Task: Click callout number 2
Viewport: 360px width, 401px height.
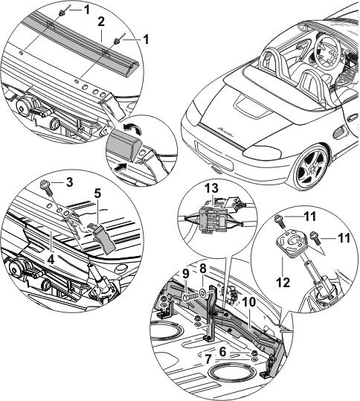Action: tap(101, 22)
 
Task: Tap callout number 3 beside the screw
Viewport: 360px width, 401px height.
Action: tap(68, 182)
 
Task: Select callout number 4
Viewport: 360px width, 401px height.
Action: tap(51, 260)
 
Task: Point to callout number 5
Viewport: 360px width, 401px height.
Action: tap(97, 194)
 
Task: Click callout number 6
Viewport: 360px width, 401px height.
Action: tap(222, 352)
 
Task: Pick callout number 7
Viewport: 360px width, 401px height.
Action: tap(208, 360)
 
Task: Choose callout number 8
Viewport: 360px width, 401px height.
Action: tap(203, 269)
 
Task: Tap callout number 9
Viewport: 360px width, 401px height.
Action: tap(186, 274)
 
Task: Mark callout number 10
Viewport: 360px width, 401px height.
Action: tap(248, 302)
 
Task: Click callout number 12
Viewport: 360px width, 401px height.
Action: tap(283, 283)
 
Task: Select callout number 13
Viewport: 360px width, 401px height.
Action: tap(212, 188)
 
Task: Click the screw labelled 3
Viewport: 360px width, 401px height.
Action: tap(47, 187)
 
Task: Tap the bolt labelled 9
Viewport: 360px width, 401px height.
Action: tap(191, 298)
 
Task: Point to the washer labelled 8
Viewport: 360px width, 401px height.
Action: tap(203, 292)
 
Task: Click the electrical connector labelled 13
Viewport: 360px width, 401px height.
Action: tap(213, 219)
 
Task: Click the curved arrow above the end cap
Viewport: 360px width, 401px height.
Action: tap(132, 128)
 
